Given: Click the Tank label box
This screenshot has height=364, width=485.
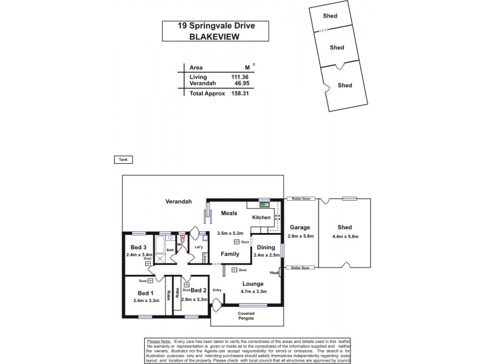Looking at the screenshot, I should point(122,160).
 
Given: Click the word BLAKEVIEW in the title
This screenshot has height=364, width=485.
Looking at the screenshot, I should point(216,36).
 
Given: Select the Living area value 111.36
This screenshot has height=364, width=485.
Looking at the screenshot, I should point(239,77).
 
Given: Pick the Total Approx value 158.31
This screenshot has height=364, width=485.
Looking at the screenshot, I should point(239,94).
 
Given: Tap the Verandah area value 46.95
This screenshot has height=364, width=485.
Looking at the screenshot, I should point(239,83).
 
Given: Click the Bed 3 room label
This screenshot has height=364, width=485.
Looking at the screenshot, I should point(138,248).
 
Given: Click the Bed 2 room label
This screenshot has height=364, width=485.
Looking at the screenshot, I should point(199,291).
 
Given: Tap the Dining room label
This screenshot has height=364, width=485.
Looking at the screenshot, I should point(267,247).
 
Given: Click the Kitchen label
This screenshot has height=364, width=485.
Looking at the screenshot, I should point(261,217).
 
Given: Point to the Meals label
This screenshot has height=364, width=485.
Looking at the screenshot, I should point(229,213).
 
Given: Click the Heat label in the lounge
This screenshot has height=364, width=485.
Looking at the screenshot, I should point(274,272).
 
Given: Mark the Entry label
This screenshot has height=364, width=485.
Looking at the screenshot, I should point(217,290).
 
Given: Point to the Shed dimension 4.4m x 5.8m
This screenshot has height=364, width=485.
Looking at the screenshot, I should point(345,237).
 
